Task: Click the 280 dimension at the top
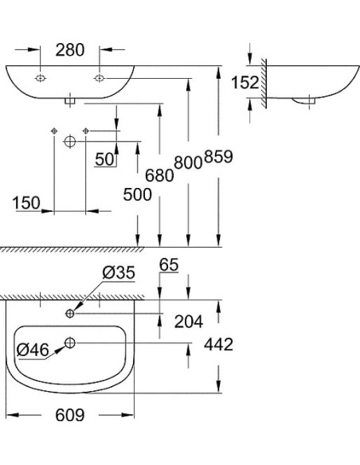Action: pos(70,49)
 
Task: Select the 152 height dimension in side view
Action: pos(245,82)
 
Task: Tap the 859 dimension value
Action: pos(217,157)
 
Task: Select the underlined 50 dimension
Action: pos(104,159)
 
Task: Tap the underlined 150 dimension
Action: pos(26,204)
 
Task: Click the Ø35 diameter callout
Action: pos(118,273)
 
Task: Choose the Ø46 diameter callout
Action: pos(33,349)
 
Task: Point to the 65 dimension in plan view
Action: pos(169,264)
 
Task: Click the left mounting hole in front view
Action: pos(40,78)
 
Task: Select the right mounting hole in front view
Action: pos(100,78)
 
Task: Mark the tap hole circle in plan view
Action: pos(71,314)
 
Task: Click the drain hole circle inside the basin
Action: pos(70,343)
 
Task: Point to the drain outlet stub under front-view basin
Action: pos(70,100)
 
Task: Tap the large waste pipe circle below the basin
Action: pos(69,140)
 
